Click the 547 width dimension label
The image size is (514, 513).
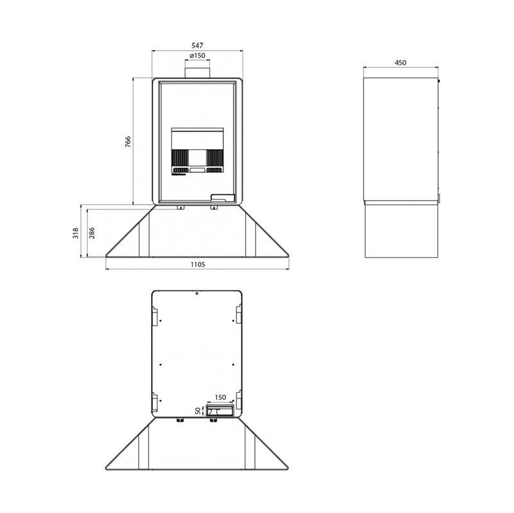197,46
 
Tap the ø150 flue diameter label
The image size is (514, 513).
197,55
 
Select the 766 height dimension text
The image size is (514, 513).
128,141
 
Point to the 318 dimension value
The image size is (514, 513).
76,233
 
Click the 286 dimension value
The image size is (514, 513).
92,233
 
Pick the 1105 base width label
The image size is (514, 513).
198,264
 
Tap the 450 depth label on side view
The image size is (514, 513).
400,62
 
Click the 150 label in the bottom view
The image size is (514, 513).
220,397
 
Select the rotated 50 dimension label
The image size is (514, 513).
198,411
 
